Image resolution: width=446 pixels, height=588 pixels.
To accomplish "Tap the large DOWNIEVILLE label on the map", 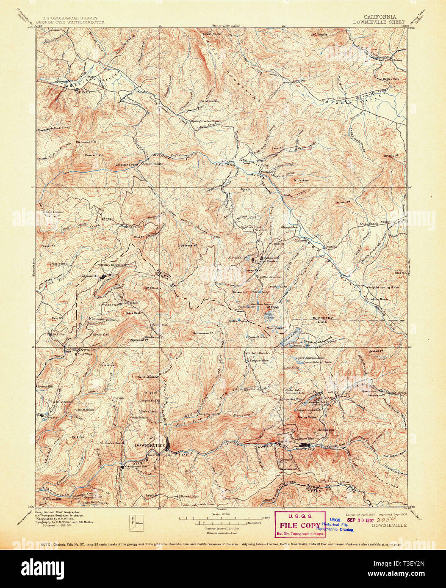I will click(150, 445).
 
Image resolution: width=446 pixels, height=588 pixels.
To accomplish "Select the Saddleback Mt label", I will click(148, 376).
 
